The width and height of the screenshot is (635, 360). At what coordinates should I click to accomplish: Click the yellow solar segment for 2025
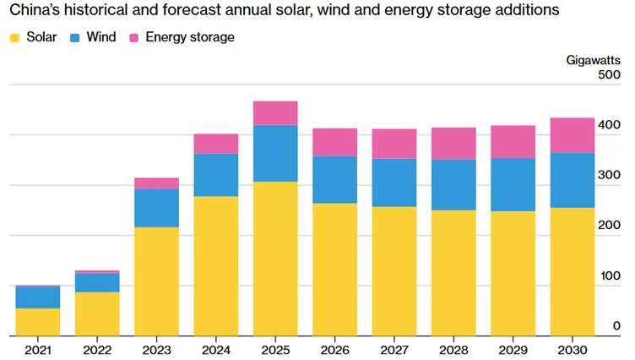(274, 259)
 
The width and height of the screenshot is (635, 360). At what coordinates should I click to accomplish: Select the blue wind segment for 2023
(156, 208)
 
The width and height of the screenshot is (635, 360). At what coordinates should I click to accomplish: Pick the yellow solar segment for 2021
(36, 322)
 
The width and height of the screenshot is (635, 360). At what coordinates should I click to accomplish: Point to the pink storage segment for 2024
(215, 144)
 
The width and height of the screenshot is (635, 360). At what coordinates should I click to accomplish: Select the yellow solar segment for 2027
(393, 271)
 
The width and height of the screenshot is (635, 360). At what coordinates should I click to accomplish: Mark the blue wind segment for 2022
(97, 282)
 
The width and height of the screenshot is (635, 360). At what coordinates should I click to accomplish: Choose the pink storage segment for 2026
(334, 142)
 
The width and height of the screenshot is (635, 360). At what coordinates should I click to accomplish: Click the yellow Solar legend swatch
(14, 38)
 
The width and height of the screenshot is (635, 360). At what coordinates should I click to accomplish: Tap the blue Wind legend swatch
(74, 38)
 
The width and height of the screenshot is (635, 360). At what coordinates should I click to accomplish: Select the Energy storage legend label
(189, 38)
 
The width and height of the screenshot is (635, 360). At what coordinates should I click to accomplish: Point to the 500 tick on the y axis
(609, 76)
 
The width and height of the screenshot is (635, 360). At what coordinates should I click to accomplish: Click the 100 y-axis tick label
(609, 276)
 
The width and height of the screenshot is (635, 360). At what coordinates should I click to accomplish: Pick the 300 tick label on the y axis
(609, 176)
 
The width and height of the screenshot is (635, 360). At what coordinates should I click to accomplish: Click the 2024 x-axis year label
(215, 349)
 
